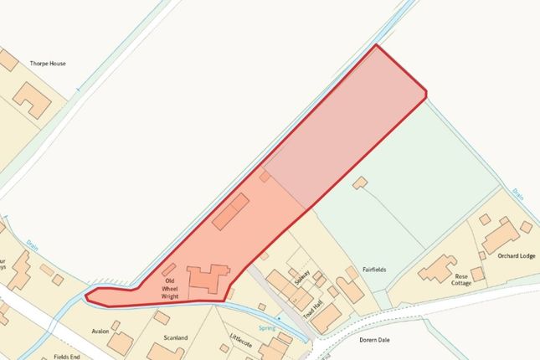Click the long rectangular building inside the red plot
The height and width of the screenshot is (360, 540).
pyautogui.click(x=229, y=212)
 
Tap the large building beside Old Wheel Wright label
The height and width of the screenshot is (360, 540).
pyautogui.click(x=208, y=279)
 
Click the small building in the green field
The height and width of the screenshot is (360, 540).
pyautogui.click(x=360, y=182)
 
